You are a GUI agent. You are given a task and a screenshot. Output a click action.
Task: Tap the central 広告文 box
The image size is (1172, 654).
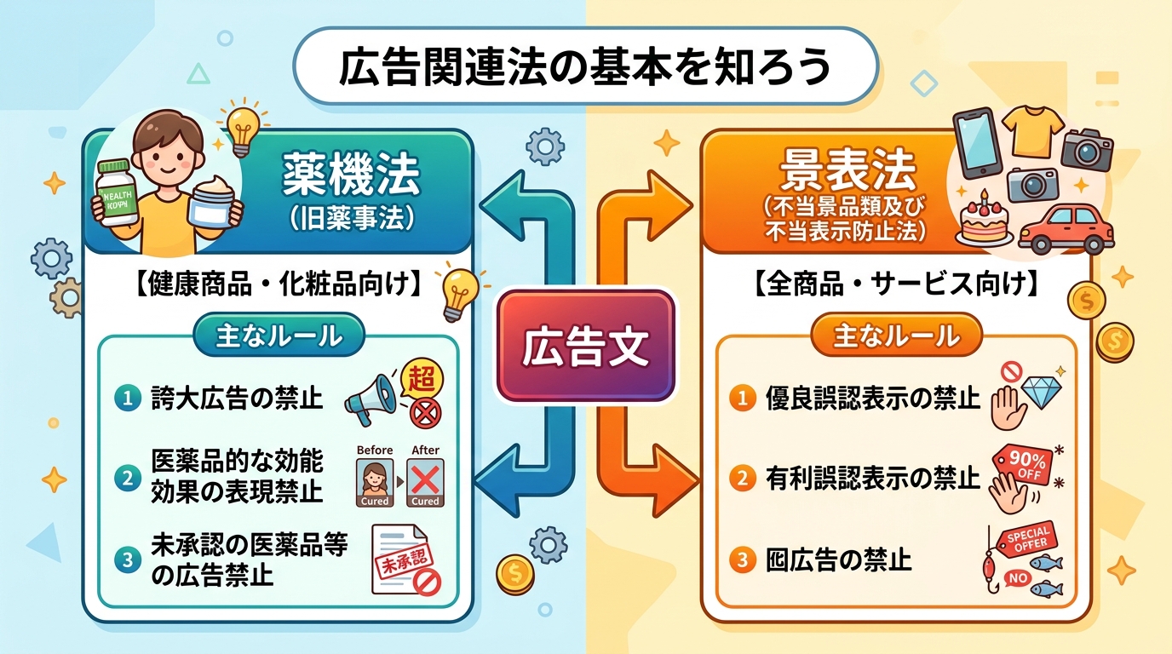click(585, 347)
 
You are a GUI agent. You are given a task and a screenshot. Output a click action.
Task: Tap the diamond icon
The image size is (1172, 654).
click(1041, 393)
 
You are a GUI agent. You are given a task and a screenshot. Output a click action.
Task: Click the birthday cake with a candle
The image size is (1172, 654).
click(985, 219)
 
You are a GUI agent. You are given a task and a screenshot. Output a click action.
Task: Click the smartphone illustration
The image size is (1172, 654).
click(980, 141)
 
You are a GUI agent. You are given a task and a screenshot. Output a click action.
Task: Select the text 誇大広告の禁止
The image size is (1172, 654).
click(237, 398)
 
